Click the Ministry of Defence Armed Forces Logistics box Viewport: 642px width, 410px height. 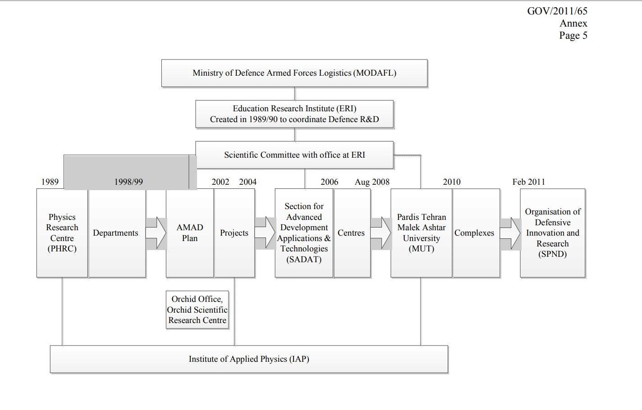(294, 73)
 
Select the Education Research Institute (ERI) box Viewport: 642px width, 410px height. (294, 114)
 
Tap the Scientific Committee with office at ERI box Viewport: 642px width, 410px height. (294, 155)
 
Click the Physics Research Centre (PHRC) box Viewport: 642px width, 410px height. (62, 233)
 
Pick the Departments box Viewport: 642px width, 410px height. (116, 233)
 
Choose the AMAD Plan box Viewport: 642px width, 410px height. (190, 233)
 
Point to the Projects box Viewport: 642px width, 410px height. (234, 233)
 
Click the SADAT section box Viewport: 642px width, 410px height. (304, 233)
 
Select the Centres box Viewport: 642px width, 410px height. (352, 233)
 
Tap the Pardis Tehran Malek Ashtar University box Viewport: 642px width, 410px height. (421, 233)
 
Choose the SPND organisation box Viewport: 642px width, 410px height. (552, 233)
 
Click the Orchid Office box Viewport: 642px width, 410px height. (197, 310)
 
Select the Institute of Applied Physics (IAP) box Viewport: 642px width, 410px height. (249, 359)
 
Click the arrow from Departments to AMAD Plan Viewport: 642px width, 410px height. (156, 233)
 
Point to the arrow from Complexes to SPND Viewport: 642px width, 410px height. (510, 233)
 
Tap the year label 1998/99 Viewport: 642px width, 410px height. (128, 182)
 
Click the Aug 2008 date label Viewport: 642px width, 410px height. (372, 182)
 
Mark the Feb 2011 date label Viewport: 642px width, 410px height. (528, 182)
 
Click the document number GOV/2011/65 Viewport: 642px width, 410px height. (557, 11)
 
